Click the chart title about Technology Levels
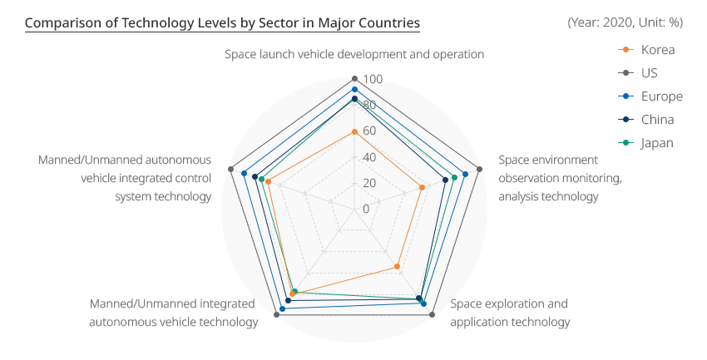[x=222, y=22]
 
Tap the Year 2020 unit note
[x=625, y=22]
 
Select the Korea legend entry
[x=646, y=50]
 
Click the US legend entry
[x=638, y=73]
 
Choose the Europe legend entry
[x=650, y=96]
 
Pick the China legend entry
[x=646, y=120]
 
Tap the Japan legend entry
[x=645, y=143]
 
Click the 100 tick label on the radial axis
[x=373, y=79]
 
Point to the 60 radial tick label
[x=369, y=131]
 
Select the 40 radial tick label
[x=369, y=157]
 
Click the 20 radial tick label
[x=369, y=183]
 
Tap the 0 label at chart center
[x=366, y=209]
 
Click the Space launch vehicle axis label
[x=354, y=55]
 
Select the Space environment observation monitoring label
[x=560, y=179]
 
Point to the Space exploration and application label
[x=510, y=313]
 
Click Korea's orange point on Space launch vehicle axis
[x=354, y=132]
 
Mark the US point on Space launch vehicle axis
[x=354, y=79]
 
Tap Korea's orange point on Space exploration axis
[x=398, y=267]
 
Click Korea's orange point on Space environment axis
[x=422, y=187]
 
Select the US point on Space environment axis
[x=479, y=170]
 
